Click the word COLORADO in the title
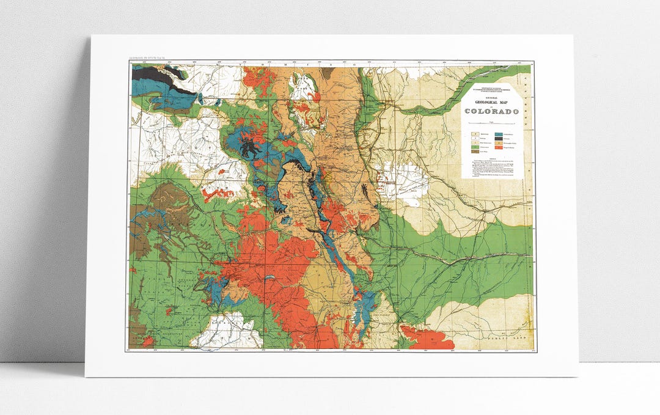491,111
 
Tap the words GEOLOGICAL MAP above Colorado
491,101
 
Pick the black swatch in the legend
499,139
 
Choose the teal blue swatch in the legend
499,133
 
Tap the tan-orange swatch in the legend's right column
499,143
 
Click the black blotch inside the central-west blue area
249,147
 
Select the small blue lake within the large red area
269,277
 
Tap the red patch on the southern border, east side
428,339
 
